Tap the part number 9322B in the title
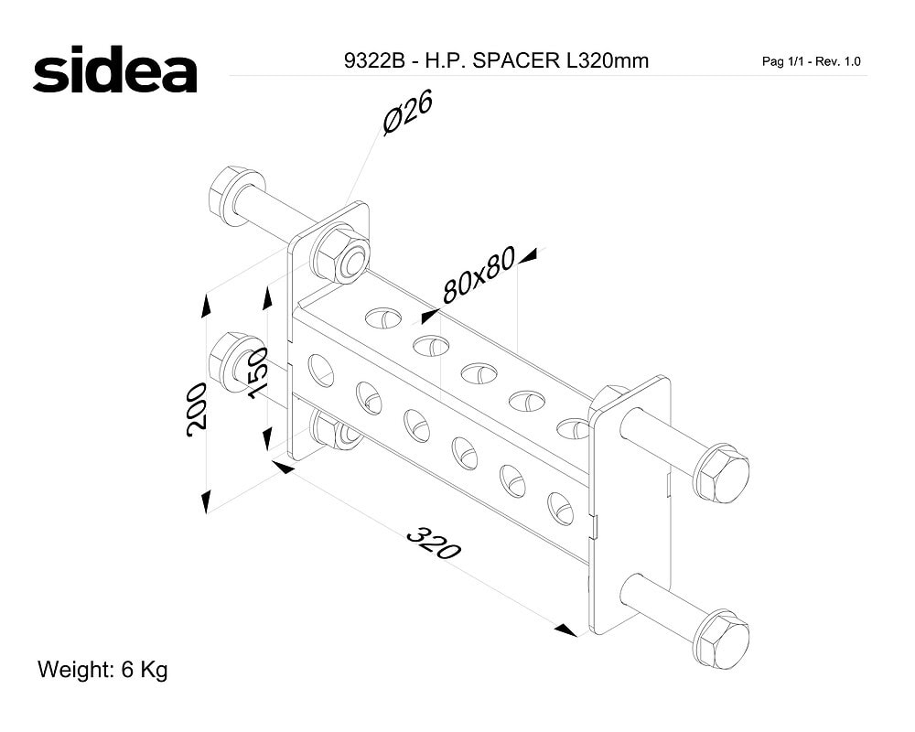tap(374, 60)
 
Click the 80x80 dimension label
tap(479, 274)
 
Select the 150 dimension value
tap(257, 373)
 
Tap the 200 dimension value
tap(196, 409)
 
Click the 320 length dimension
tap(434, 543)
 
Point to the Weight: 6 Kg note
tap(102, 669)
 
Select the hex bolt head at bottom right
tap(724, 640)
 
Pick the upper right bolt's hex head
tap(724, 473)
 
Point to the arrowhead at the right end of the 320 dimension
tap(566, 630)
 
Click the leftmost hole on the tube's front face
tap(320, 370)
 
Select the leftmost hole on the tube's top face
tap(383, 318)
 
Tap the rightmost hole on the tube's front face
tap(560, 509)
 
